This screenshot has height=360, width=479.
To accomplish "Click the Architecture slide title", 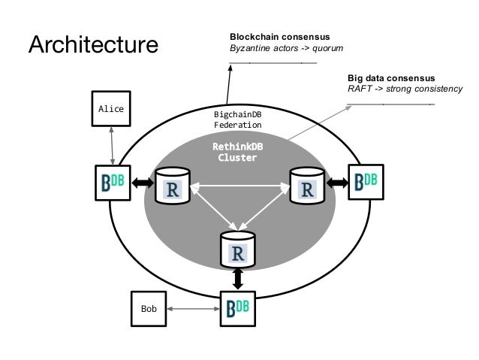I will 93,44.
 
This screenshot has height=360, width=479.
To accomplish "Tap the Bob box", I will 149,308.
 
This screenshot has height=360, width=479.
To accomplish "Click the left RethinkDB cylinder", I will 172,185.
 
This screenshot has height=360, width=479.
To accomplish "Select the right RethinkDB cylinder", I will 306,185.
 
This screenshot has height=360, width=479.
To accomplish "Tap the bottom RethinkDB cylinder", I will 237,249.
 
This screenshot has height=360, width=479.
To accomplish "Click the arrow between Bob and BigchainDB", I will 193,308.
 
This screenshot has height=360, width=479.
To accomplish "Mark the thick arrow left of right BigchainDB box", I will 336,182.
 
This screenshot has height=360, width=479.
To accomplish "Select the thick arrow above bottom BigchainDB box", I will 238,279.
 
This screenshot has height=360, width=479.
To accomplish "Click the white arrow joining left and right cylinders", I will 239,185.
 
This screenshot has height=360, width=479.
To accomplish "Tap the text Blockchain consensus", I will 279,37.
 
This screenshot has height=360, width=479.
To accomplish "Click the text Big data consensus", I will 390,77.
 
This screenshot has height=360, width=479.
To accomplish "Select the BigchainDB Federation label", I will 237,119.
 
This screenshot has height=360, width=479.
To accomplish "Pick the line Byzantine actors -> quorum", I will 285,49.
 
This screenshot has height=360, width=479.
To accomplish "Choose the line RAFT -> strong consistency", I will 405,89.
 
